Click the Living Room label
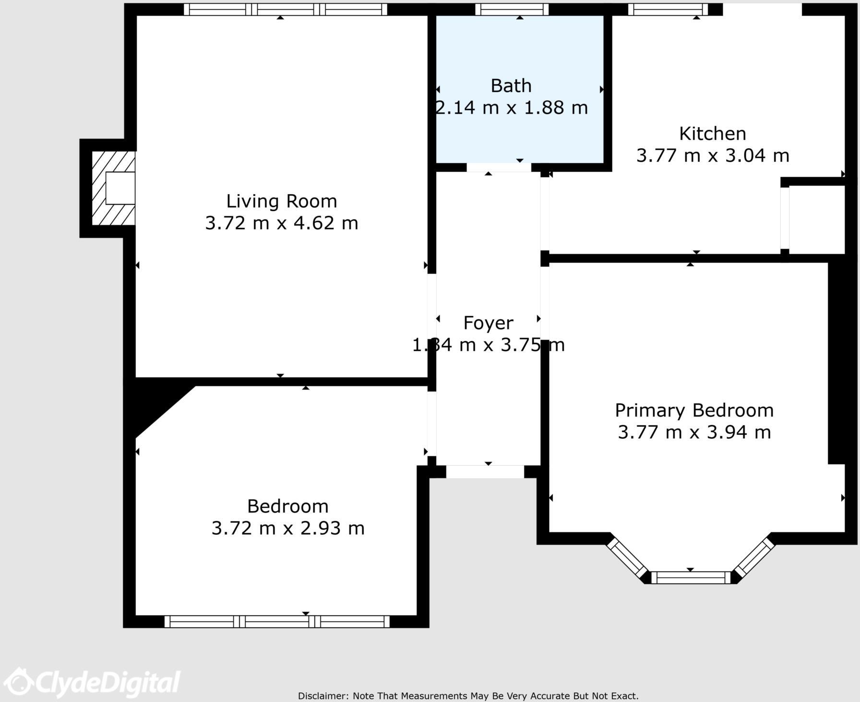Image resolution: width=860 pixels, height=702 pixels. point(282,201)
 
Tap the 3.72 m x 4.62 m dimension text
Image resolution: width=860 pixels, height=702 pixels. point(282,223)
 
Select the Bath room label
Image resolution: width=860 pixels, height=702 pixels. point(511,86)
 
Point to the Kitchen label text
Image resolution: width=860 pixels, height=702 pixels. point(713,133)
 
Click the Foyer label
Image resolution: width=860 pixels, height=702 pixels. point(488,323)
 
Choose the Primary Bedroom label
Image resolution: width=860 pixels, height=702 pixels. point(694,410)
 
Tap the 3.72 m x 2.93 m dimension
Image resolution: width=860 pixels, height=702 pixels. point(288,528)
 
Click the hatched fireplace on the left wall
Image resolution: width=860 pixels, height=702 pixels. point(114,188)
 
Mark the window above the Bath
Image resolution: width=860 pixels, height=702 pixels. point(512,9)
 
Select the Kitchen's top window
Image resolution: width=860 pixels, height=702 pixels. point(668,9)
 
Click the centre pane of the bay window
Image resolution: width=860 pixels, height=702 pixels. point(691,577)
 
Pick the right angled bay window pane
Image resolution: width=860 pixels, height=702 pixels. point(754,557)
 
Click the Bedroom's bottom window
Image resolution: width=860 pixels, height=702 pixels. point(277,621)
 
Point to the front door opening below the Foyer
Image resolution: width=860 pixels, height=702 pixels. point(485,471)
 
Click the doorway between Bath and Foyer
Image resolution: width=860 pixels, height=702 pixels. point(499,167)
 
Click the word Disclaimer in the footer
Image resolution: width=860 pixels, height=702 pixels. point(323,696)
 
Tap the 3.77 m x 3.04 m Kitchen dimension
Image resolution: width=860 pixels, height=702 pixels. point(713,156)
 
